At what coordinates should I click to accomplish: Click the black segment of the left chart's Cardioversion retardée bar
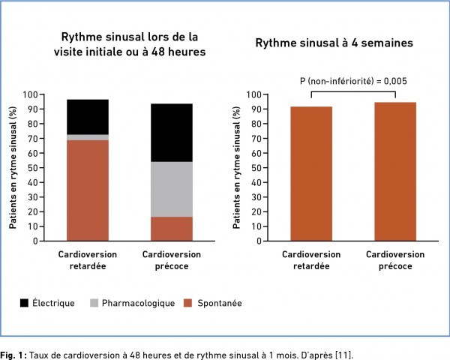pyautogui.click(x=87, y=117)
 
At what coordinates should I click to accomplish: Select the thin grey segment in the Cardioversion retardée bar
pyautogui.click(x=87, y=137)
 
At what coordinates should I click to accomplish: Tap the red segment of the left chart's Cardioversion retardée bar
pyautogui.click(x=87, y=190)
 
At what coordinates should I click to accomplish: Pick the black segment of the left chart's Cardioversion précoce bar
pyautogui.click(x=171, y=132)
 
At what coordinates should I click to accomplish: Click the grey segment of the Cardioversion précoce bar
pyautogui.click(x=171, y=189)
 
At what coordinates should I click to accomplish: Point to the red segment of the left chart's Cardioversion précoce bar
pyautogui.click(x=171, y=229)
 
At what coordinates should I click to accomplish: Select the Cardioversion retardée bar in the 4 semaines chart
pyautogui.click(x=311, y=174)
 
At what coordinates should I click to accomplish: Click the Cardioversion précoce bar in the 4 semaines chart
pyautogui.click(x=395, y=172)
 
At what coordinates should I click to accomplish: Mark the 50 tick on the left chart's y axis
pyautogui.click(x=50, y=168)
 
